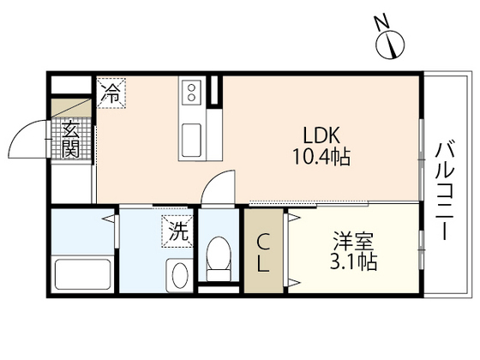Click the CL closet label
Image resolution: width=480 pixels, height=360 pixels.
[x=264, y=251]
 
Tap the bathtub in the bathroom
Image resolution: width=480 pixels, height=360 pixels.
[x=82, y=274]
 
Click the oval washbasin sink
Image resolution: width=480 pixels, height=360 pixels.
[x=181, y=277]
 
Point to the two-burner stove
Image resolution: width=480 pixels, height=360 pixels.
[x=190, y=89]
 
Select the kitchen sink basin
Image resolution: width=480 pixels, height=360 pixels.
[x=190, y=138]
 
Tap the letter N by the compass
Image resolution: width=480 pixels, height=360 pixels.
[x=379, y=23]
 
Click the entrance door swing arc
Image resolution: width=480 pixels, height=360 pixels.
[x=27, y=137]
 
